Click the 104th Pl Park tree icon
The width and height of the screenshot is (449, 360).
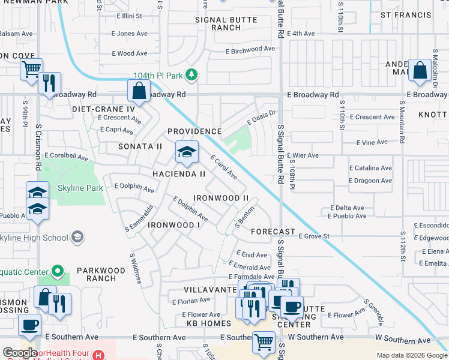coord(191,74)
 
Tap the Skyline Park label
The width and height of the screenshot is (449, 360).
coord(80,188)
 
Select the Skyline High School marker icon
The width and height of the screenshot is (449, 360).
coord(77,238)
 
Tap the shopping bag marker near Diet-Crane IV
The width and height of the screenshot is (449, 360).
coord(139,92)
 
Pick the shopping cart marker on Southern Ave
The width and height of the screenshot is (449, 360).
coord(264,343)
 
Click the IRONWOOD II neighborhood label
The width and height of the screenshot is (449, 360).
coord(221,198)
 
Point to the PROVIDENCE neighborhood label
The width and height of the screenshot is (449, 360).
coord(194,131)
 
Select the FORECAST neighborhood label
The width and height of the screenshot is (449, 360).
coord(273,232)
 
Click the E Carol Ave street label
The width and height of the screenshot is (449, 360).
coord(223,167)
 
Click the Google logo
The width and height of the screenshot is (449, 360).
coord(20,353)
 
